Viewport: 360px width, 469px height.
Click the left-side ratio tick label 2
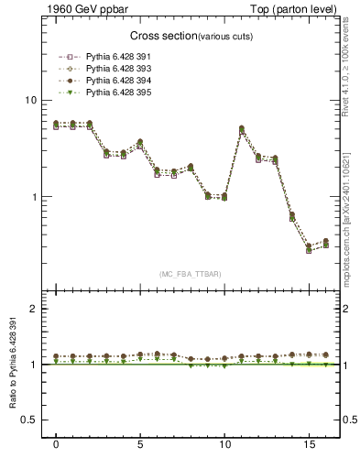point(33,309)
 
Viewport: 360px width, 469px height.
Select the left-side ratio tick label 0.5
point(28,420)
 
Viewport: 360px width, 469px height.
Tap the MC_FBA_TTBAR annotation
point(191,274)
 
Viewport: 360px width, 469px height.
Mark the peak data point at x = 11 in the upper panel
point(241,129)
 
